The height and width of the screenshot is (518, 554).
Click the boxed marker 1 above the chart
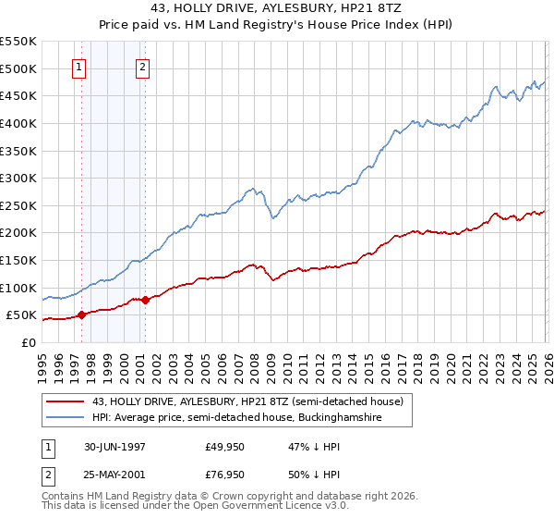coord(79,67)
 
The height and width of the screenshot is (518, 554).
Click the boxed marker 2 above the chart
coord(143,67)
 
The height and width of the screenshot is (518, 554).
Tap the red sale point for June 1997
coord(81,314)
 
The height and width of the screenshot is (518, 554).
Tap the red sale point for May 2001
coord(145,300)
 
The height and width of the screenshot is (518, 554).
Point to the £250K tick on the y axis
coord(18,205)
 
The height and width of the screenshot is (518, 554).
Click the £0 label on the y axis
coord(28,342)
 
